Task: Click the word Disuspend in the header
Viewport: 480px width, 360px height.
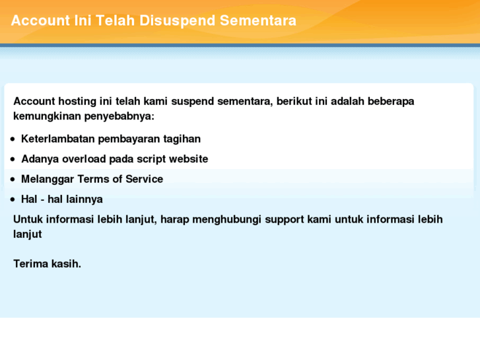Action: coord(178,20)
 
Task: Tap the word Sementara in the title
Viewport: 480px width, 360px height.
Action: coord(258,20)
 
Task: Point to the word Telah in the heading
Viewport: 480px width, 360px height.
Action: coord(116,20)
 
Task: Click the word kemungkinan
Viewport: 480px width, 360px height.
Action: coord(47,116)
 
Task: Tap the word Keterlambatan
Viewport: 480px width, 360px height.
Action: coord(58,139)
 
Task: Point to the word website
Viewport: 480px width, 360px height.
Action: coord(188,159)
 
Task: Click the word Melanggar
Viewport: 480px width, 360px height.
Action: coord(48,179)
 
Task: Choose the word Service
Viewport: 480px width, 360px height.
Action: coord(144,179)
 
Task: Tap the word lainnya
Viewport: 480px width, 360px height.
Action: coord(84,199)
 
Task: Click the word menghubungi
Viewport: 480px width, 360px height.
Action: coord(225,219)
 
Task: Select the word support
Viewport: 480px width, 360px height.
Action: coord(285,219)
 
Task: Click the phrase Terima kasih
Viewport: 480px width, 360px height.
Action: coord(47,264)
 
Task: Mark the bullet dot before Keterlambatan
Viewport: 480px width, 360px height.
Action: coord(13,139)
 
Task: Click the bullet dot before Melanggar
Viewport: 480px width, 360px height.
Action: coord(13,180)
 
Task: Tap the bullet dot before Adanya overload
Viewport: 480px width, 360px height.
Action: coord(13,160)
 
